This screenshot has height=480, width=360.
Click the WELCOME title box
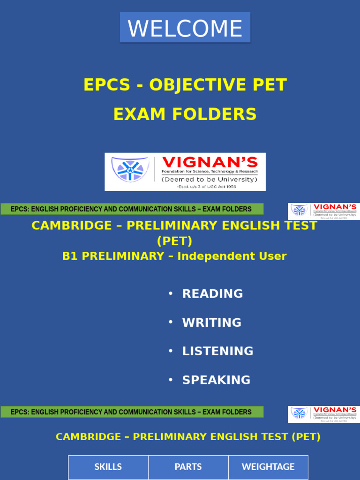click(185, 28)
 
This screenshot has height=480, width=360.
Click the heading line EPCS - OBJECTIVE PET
click(185, 85)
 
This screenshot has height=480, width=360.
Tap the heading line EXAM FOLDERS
click(185, 114)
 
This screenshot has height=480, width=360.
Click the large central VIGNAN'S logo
click(185, 172)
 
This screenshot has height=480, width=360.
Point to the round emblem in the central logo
click(130, 169)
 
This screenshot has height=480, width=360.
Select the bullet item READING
click(212, 294)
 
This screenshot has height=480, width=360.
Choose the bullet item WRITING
click(212, 322)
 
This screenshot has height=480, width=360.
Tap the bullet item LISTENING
click(218, 351)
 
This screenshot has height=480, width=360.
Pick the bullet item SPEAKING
click(216, 380)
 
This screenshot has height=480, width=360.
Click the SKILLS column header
click(108, 467)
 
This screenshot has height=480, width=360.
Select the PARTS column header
click(188, 467)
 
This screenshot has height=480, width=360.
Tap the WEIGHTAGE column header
click(268, 467)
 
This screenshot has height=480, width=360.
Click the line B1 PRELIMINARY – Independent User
click(174, 256)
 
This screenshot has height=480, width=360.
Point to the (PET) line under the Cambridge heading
click(174, 241)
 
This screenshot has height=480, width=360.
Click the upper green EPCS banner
click(132, 209)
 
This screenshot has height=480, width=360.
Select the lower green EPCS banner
click(132, 412)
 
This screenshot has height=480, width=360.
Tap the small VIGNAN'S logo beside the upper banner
click(323, 211)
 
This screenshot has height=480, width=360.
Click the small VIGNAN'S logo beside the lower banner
click(323, 414)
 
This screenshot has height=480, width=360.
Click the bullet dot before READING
click(171, 293)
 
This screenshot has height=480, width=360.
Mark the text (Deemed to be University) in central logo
click(210, 180)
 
